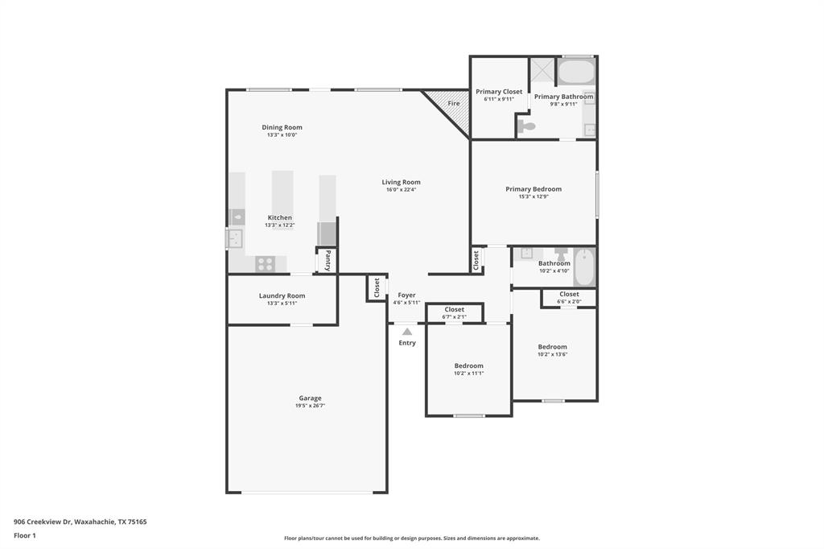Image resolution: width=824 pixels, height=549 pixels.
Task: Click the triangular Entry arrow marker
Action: (407, 332)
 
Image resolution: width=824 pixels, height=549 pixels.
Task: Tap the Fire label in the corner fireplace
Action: (454, 104)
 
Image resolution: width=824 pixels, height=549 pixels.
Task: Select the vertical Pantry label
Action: (328, 260)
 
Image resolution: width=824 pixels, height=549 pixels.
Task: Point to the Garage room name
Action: (310, 398)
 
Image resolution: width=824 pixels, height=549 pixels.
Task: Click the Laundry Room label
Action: (282, 295)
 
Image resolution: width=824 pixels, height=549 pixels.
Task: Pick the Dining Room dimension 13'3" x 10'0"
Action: (282, 135)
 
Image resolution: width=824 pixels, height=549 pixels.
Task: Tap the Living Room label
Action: (401, 182)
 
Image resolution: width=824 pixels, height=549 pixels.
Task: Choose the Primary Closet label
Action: (499, 92)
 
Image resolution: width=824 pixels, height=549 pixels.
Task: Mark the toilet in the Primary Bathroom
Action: (527, 126)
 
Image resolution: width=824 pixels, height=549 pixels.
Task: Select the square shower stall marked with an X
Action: (542, 70)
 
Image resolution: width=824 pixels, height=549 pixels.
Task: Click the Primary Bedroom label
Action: (534, 189)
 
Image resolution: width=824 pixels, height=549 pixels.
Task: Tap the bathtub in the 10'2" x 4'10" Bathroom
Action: (584, 267)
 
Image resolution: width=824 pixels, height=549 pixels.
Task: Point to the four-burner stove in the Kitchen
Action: (266, 263)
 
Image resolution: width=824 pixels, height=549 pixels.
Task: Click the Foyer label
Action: (406, 295)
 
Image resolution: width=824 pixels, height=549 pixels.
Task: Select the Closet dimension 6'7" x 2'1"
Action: (454, 317)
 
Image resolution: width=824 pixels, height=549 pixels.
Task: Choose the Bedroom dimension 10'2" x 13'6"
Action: (553, 354)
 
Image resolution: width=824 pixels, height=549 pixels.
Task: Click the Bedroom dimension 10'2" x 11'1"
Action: (468, 374)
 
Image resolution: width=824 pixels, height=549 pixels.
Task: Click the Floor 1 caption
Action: (24, 535)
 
